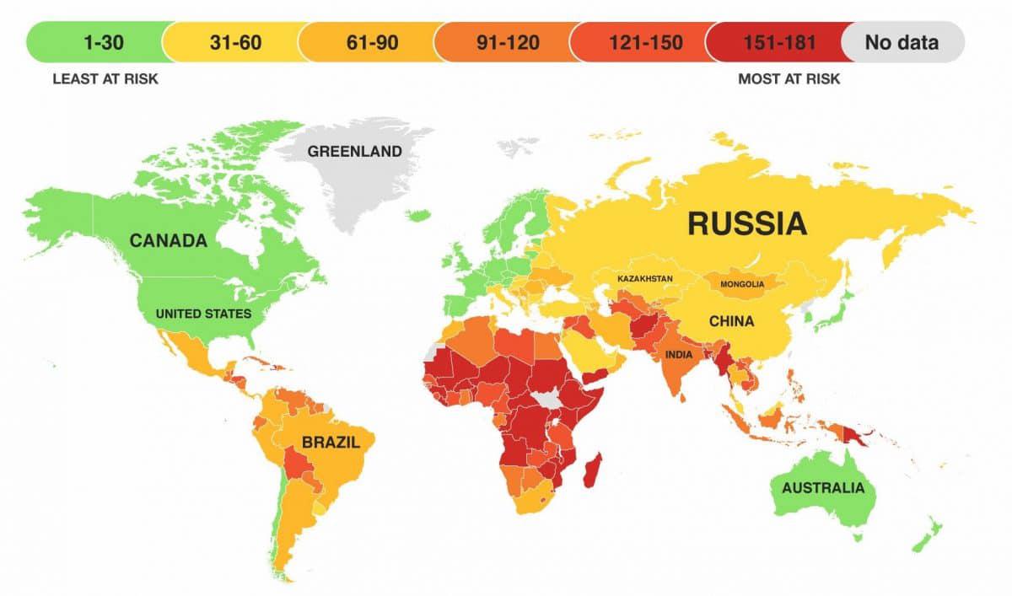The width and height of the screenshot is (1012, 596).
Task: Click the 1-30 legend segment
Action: [94, 41]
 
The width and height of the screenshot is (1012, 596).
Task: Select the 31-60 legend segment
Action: [230, 41]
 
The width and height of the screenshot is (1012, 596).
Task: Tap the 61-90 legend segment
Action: [366, 41]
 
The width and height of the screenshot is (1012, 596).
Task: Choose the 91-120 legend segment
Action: [502, 41]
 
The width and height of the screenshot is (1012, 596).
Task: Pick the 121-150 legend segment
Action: [638, 41]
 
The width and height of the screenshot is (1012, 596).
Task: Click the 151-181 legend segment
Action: [773, 41]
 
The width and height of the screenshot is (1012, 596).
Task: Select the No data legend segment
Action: [902, 41]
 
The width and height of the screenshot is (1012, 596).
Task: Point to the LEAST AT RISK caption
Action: [105, 79]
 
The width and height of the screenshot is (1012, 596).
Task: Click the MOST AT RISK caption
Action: [789, 79]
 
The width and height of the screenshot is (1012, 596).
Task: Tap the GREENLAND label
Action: [354, 152]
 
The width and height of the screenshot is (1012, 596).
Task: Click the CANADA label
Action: [168, 241]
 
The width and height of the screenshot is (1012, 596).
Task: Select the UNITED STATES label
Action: [203, 314]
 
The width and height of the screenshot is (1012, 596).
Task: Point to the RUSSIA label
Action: [747, 223]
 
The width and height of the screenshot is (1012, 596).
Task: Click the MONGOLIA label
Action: [741, 284]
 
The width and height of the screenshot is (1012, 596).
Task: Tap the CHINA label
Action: [731, 321]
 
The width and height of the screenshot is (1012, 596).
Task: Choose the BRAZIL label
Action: [330, 442]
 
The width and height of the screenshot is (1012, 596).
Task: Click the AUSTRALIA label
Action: [822, 488]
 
